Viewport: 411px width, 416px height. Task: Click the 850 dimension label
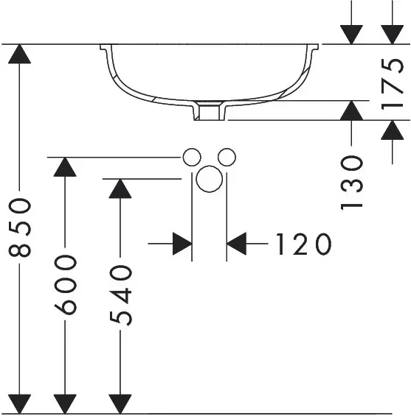click(20, 228)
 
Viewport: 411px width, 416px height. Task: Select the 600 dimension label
click(66, 285)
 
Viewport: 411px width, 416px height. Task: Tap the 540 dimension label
click(120, 296)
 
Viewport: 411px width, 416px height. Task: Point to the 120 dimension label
click(304, 244)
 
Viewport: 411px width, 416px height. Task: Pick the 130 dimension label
click(351, 183)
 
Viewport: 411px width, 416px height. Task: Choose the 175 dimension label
click(392, 85)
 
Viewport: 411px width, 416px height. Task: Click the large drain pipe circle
click(209, 179)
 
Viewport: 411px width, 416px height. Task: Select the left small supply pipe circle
click(192, 158)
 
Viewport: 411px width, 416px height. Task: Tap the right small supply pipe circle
click(227, 158)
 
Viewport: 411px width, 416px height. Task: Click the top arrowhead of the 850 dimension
click(19, 54)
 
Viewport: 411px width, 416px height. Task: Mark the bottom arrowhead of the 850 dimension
click(19, 403)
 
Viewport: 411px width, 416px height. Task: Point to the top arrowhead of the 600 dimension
click(65, 167)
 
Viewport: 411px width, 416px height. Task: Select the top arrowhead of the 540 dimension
click(120, 188)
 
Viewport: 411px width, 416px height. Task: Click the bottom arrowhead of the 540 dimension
click(120, 403)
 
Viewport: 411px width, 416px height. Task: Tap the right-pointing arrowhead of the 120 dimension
click(182, 244)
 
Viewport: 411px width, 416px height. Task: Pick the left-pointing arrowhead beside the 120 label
click(236, 244)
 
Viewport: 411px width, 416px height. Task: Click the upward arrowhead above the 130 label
click(351, 110)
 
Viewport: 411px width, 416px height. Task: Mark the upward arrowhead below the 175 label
click(392, 130)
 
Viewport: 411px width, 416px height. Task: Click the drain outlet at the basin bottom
click(210, 111)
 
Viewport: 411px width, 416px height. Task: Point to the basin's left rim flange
click(106, 47)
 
